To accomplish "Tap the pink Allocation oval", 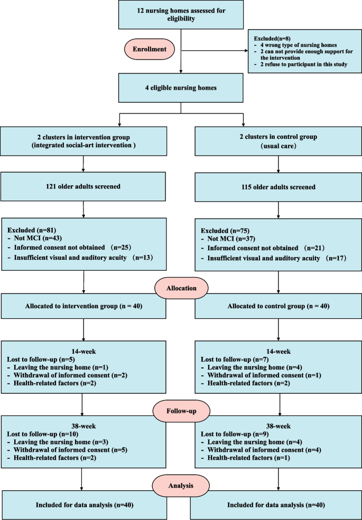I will [x=181, y=289].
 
